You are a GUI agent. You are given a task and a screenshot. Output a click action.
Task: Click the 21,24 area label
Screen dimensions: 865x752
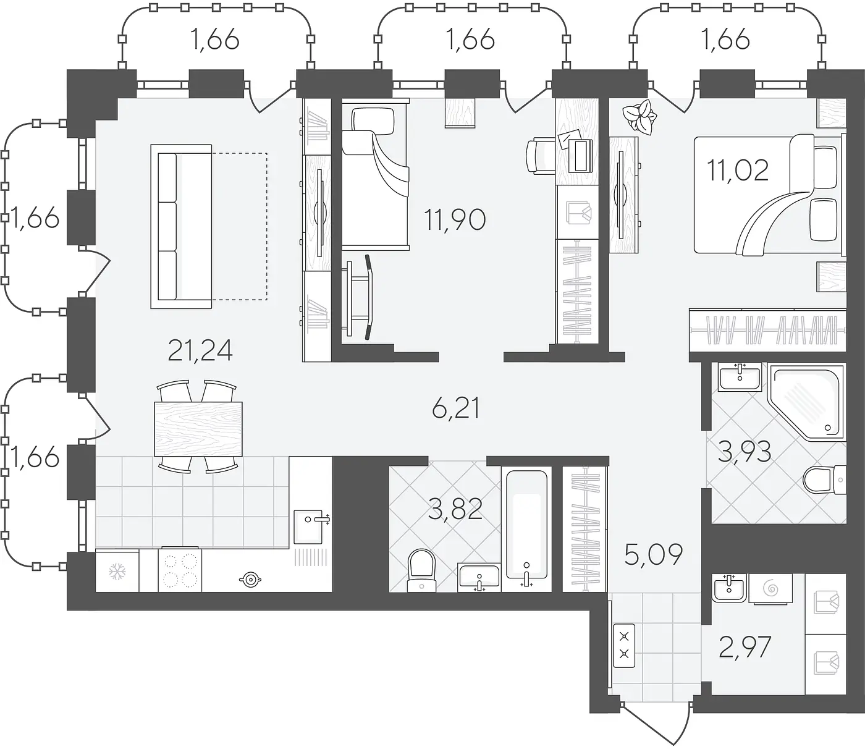click(200, 350)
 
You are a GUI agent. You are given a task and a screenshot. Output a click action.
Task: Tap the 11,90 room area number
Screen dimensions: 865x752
click(455, 220)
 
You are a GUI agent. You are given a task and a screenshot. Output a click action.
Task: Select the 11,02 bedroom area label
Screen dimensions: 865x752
click(738, 170)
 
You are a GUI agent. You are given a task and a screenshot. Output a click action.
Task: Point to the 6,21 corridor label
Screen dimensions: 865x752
click(456, 408)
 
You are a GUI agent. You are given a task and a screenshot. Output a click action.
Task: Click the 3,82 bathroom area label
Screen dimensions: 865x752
click(455, 509)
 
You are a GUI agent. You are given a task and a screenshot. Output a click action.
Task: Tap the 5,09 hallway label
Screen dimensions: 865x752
click(654, 555)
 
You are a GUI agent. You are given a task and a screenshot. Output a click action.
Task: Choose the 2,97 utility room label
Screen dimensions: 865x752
click(745, 647)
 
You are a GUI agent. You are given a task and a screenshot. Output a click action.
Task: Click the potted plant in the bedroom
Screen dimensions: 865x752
click(639, 117)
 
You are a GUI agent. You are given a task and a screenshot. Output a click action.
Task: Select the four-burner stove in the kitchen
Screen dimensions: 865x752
click(180, 569)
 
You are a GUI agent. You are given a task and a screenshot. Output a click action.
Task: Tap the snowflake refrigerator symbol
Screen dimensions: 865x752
click(117, 572)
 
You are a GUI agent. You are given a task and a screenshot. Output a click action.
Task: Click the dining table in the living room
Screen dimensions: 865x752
click(198, 429)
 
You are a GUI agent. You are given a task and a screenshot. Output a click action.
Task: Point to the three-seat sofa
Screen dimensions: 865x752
click(182, 226)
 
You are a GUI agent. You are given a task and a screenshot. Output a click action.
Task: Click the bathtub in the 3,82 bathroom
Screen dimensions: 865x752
click(526, 528)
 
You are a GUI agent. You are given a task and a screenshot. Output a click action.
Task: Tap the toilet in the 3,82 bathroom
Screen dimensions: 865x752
click(421, 570)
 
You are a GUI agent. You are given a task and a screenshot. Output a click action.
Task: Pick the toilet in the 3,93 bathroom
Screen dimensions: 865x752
click(824, 480)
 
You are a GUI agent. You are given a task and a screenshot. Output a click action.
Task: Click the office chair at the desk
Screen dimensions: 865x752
click(541, 156)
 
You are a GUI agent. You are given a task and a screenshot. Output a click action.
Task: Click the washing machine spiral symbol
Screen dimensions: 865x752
click(772, 588)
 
